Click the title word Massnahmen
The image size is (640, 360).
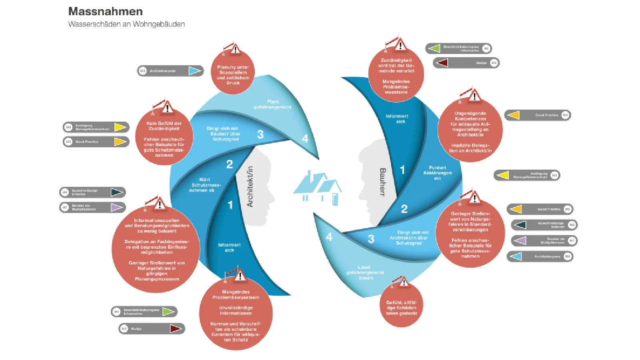click(105, 11)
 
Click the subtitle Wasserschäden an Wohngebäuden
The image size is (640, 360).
click(126, 24)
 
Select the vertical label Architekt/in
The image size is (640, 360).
click(250, 186)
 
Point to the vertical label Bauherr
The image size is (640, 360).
click(382, 182)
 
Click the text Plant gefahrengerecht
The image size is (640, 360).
click(273, 104)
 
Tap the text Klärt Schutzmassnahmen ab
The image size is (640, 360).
click(205, 185)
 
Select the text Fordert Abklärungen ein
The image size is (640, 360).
click(437, 173)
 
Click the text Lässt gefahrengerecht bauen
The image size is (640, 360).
click(365, 272)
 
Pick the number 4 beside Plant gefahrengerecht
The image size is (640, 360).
click(305, 139)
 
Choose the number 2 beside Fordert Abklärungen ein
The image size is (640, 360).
click(404, 208)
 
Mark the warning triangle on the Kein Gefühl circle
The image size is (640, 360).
click(167, 108)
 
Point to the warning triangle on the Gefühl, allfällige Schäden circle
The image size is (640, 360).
click(404, 282)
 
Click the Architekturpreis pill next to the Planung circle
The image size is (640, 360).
click(170, 71)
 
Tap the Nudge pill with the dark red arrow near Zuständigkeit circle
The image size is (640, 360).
click(466, 63)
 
